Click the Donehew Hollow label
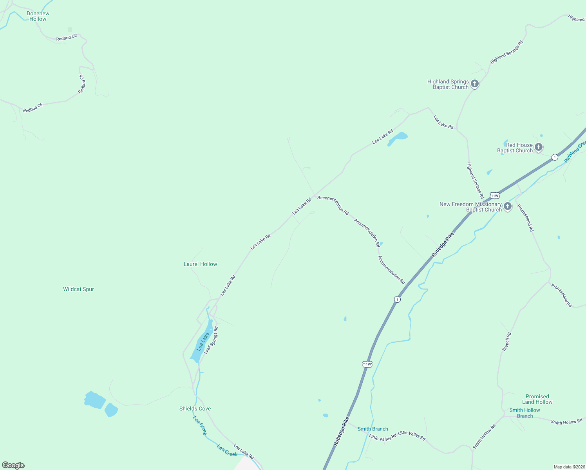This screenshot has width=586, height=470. pyautogui.click(x=38, y=16)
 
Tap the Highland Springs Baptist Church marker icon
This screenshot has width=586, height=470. pyautogui.click(x=475, y=84)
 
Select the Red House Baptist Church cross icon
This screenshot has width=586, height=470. pyautogui.click(x=539, y=147)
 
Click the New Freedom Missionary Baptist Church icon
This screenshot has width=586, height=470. pyautogui.click(x=508, y=206)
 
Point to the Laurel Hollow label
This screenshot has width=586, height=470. pyautogui.click(x=200, y=264)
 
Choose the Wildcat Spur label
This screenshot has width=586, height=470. pyautogui.click(x=78, y=289)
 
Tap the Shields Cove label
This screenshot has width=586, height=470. pyautogui.click(x=195, y=409)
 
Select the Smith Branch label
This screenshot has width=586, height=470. pyautogui.click(x=373, y=429)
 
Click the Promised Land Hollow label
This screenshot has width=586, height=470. pyautogui.click(x=537, y=399)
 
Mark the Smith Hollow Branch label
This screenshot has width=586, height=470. pyautogui.click(x=525, y=413)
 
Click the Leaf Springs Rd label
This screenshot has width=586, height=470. pyautogui.click(x=211, y=340)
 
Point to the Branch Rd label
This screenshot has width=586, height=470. pyautogui.click(x=507, y=342)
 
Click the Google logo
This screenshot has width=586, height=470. pyautogui.click(x=13, y=465)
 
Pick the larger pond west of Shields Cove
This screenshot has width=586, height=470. pyautogui.click(x=94, y=400)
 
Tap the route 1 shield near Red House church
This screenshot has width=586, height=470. pyautogui.click(x=555, y=157)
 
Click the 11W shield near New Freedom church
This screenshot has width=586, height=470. pyautogui.click(x=494, y=195)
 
